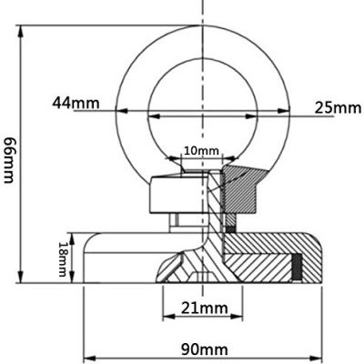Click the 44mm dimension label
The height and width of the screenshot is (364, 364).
coord(76,102)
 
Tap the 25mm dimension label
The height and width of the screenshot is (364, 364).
coord(338,107)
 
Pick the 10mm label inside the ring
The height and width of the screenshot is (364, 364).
coord(201,149)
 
